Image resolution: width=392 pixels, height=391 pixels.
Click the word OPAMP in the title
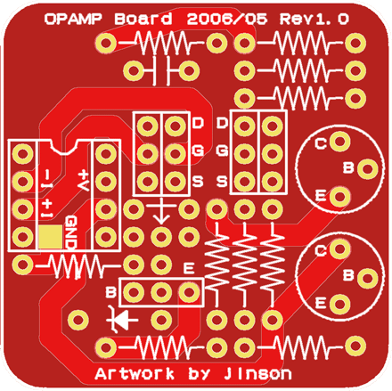tap(73, 20)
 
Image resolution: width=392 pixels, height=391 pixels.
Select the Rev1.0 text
tap(314, 20)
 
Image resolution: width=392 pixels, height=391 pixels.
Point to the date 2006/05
tap(227, 20)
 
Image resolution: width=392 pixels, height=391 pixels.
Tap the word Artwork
tap(135, 373)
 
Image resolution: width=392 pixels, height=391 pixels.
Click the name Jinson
tap(257, 373)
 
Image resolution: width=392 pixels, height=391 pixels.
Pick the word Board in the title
tap(143, 20)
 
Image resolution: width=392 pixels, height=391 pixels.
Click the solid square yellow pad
tap(51, 237)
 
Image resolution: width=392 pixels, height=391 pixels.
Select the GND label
tap(71, 232)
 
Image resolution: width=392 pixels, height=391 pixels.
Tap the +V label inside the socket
tap(84, 180)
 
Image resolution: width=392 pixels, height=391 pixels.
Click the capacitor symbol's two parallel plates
tap(160, 70)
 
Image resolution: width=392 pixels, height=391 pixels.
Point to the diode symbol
tap(120, 320)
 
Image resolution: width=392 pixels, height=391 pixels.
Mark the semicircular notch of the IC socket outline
tap(65, 148)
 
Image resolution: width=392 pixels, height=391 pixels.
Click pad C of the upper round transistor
tap(339, 142)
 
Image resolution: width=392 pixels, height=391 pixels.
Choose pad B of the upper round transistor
tap(367, 168)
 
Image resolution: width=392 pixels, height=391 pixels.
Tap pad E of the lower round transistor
tap(339, 304)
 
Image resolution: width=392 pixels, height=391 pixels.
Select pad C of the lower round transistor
tap(339, 248)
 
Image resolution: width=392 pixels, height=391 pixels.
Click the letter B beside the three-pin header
tap(110, 292)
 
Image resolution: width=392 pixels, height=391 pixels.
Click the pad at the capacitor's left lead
tap(134, 70)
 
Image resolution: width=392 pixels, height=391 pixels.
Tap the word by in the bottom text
tap(200, 374)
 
